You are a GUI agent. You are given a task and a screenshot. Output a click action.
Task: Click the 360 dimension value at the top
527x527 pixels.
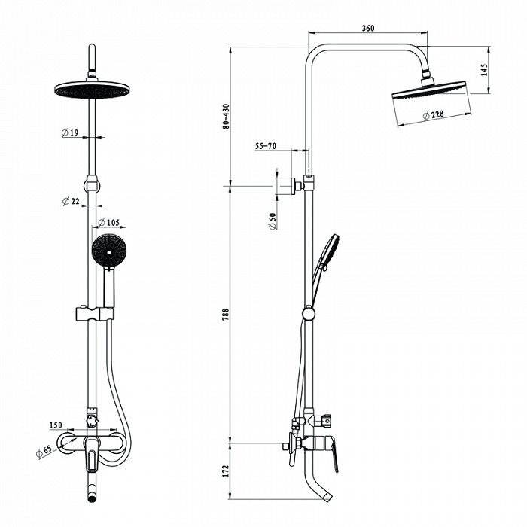click(368, 28)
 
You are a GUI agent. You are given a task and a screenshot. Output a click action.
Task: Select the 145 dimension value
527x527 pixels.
click(484, 70)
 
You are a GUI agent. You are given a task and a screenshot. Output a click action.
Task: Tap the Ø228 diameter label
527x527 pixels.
click(433, 115)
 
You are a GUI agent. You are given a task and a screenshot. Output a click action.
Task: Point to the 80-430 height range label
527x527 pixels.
click(226, 117)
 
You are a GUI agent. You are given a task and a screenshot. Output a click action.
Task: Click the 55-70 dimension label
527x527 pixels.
click(266, 146)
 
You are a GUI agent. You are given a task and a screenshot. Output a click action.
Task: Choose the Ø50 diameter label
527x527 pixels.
click(273, 221)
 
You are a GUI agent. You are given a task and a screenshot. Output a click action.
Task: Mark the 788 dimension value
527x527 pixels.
click(226, 314)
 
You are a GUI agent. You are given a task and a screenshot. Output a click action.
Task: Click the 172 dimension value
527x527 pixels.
click(226, 471)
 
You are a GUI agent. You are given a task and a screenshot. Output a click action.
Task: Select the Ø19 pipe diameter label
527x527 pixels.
click(70, 133)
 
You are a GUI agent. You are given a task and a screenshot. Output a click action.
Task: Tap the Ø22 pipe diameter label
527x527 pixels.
click(71, 201)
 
